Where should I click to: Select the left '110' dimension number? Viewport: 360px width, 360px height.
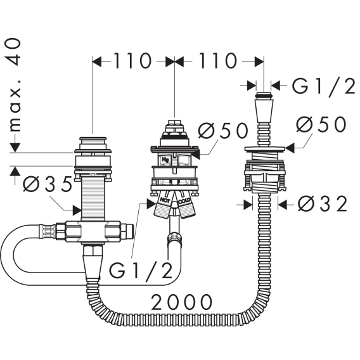132,61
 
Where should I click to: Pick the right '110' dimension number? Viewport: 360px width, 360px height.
217,61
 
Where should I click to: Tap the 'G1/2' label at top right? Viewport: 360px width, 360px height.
323,86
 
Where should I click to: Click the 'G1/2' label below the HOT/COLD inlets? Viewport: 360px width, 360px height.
141,271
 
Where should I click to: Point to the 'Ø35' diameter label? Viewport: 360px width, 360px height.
47,184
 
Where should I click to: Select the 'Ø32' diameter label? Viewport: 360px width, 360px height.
323,204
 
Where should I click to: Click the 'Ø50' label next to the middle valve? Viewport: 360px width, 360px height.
223,131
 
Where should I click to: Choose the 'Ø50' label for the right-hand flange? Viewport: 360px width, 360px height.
321,124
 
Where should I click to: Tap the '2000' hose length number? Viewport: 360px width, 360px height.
181,302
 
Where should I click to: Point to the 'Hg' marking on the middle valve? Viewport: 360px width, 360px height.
165,159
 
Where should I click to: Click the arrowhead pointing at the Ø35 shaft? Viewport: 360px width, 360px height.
77,210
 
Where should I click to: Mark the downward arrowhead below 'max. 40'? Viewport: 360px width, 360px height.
15,148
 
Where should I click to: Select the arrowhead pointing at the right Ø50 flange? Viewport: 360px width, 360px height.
289,148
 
